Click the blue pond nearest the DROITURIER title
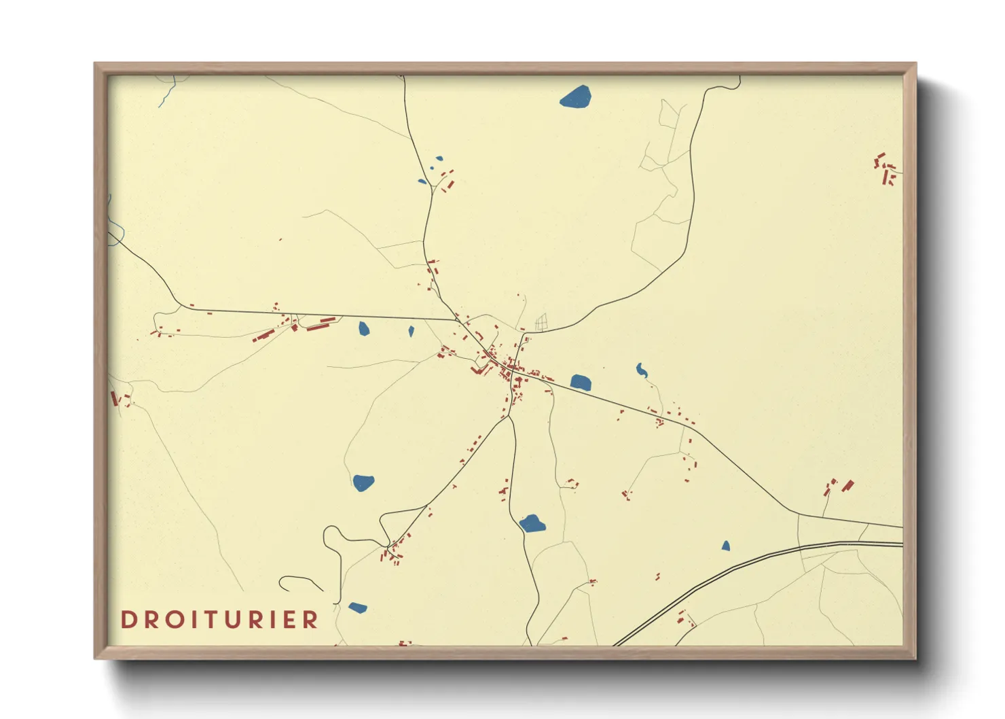[x=357, y=608]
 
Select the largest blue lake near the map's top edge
[x=576, y=97]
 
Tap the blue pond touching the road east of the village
[x=581, y=382]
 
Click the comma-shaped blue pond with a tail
[x=641, y=370]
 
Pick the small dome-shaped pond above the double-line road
[x=726, y=546]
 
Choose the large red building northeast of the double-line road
[x=847, y=486]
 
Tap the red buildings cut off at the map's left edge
[x=115, y=398]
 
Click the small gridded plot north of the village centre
[x=541, y=323]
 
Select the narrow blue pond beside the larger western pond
[x=411, y=332]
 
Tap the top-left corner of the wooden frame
[x=96, y=64]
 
